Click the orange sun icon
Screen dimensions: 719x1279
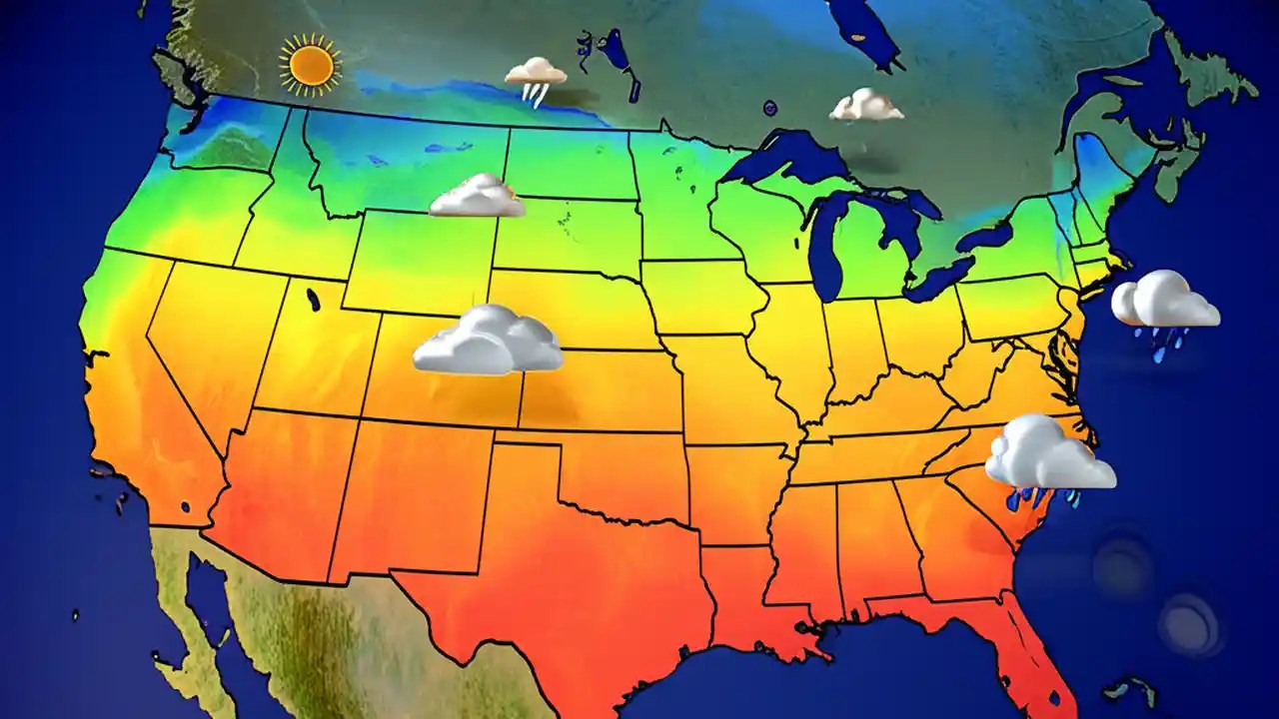click(x=311, y=65)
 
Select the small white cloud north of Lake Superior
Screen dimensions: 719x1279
click(x=865, y=105)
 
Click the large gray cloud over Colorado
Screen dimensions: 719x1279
click(x=488, y=342)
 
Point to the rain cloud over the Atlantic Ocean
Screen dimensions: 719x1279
click(x=1164, y=300)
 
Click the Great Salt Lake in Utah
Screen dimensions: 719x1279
click(x=314, y=299)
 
